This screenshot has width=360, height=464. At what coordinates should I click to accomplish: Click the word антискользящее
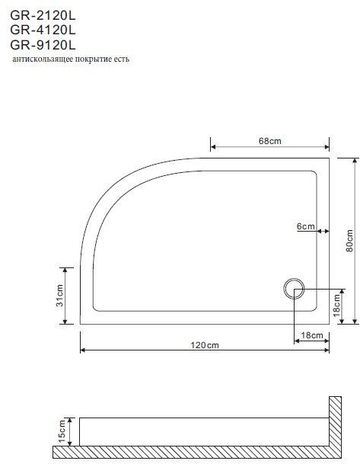click(43, 60)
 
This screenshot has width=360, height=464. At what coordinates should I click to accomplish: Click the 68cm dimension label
click(270, 140)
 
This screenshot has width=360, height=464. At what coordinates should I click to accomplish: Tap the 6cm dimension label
click(305, 227)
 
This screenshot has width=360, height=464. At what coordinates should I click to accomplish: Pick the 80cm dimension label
click(349, 239)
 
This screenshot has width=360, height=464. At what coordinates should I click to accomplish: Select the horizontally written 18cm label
click(312, 336)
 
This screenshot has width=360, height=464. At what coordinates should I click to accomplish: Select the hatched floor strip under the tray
click(190, 454)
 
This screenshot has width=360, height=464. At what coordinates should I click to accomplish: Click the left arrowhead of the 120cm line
click(83, 350)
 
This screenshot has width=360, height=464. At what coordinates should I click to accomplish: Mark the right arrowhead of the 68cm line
click(327, 147)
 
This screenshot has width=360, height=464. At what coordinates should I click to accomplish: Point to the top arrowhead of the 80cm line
click(355, 160)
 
